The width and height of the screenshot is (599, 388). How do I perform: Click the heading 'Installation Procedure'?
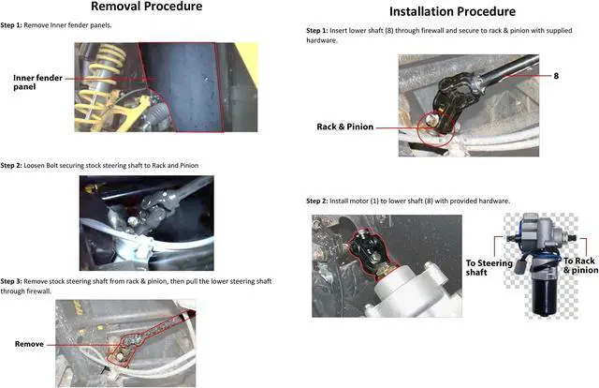(451, 11)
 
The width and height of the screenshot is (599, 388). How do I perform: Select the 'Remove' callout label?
(29, 344)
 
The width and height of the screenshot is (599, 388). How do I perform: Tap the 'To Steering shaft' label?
(489, 268)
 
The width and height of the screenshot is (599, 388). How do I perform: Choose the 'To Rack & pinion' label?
(579, 265)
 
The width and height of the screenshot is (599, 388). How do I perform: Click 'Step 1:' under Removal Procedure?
(16, 24)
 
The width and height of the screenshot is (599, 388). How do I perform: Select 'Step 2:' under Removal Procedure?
(16, 165)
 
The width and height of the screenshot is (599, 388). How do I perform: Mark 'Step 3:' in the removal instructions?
(16, 281)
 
